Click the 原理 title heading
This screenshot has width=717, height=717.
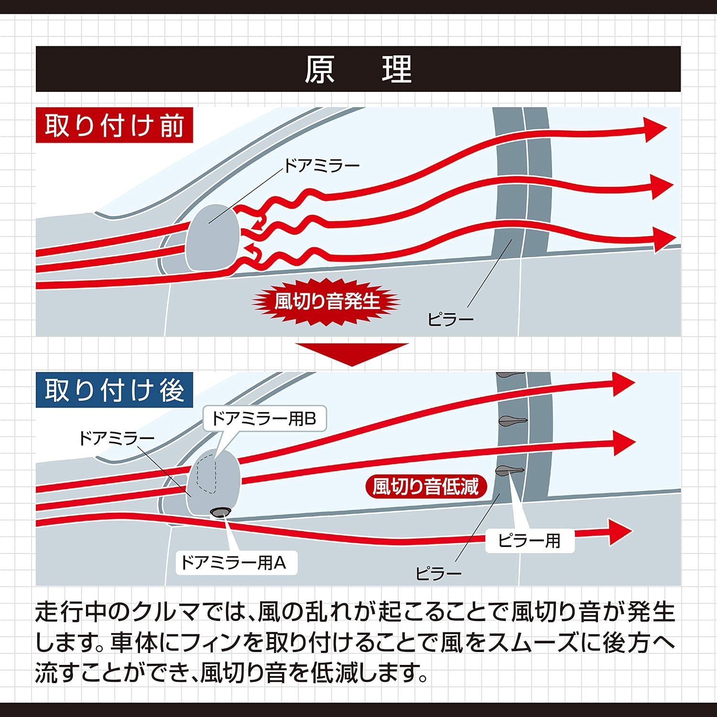[x=358, y=70]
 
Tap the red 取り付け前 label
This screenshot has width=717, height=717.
[x=114, y=125]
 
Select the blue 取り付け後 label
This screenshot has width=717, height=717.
[x=114, y=390]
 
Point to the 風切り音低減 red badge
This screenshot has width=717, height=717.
[x=425, y=487]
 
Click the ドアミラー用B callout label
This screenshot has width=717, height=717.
[x=264, y=419]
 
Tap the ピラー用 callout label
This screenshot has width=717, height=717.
[x=530, y=541]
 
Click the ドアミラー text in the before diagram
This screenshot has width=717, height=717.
[x=322, y=166]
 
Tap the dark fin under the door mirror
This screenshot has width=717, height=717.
[x=220, y=512]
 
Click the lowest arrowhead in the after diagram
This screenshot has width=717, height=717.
[x=620, y=532]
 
